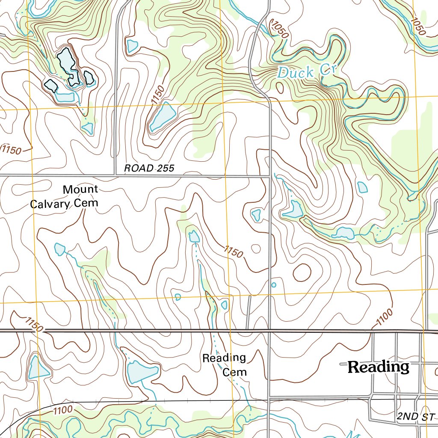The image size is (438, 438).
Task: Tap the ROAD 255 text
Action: point(149,168)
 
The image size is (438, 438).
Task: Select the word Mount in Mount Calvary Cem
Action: point(80,189)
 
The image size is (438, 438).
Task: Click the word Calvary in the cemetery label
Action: point(50,204)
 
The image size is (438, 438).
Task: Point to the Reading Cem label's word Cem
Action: point(235,372)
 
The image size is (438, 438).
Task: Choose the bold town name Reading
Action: point(378,367)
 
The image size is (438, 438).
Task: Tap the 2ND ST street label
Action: point(415,416)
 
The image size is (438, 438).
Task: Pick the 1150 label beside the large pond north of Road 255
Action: point(157,95)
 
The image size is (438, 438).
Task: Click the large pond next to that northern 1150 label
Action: point(163,118)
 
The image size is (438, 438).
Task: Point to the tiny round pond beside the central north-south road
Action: point(274,285)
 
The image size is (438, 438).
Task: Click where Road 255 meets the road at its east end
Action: point(270,175)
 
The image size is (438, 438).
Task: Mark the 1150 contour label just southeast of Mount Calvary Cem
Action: point(233,251)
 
